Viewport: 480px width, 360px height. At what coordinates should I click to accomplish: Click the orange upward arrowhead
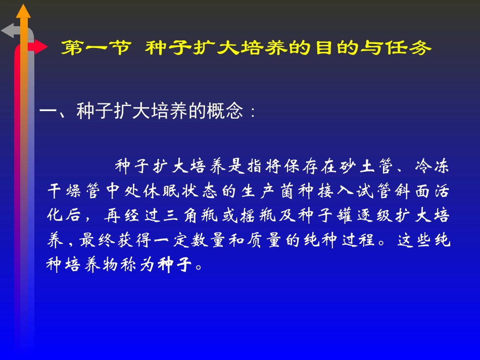coord(23,11)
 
